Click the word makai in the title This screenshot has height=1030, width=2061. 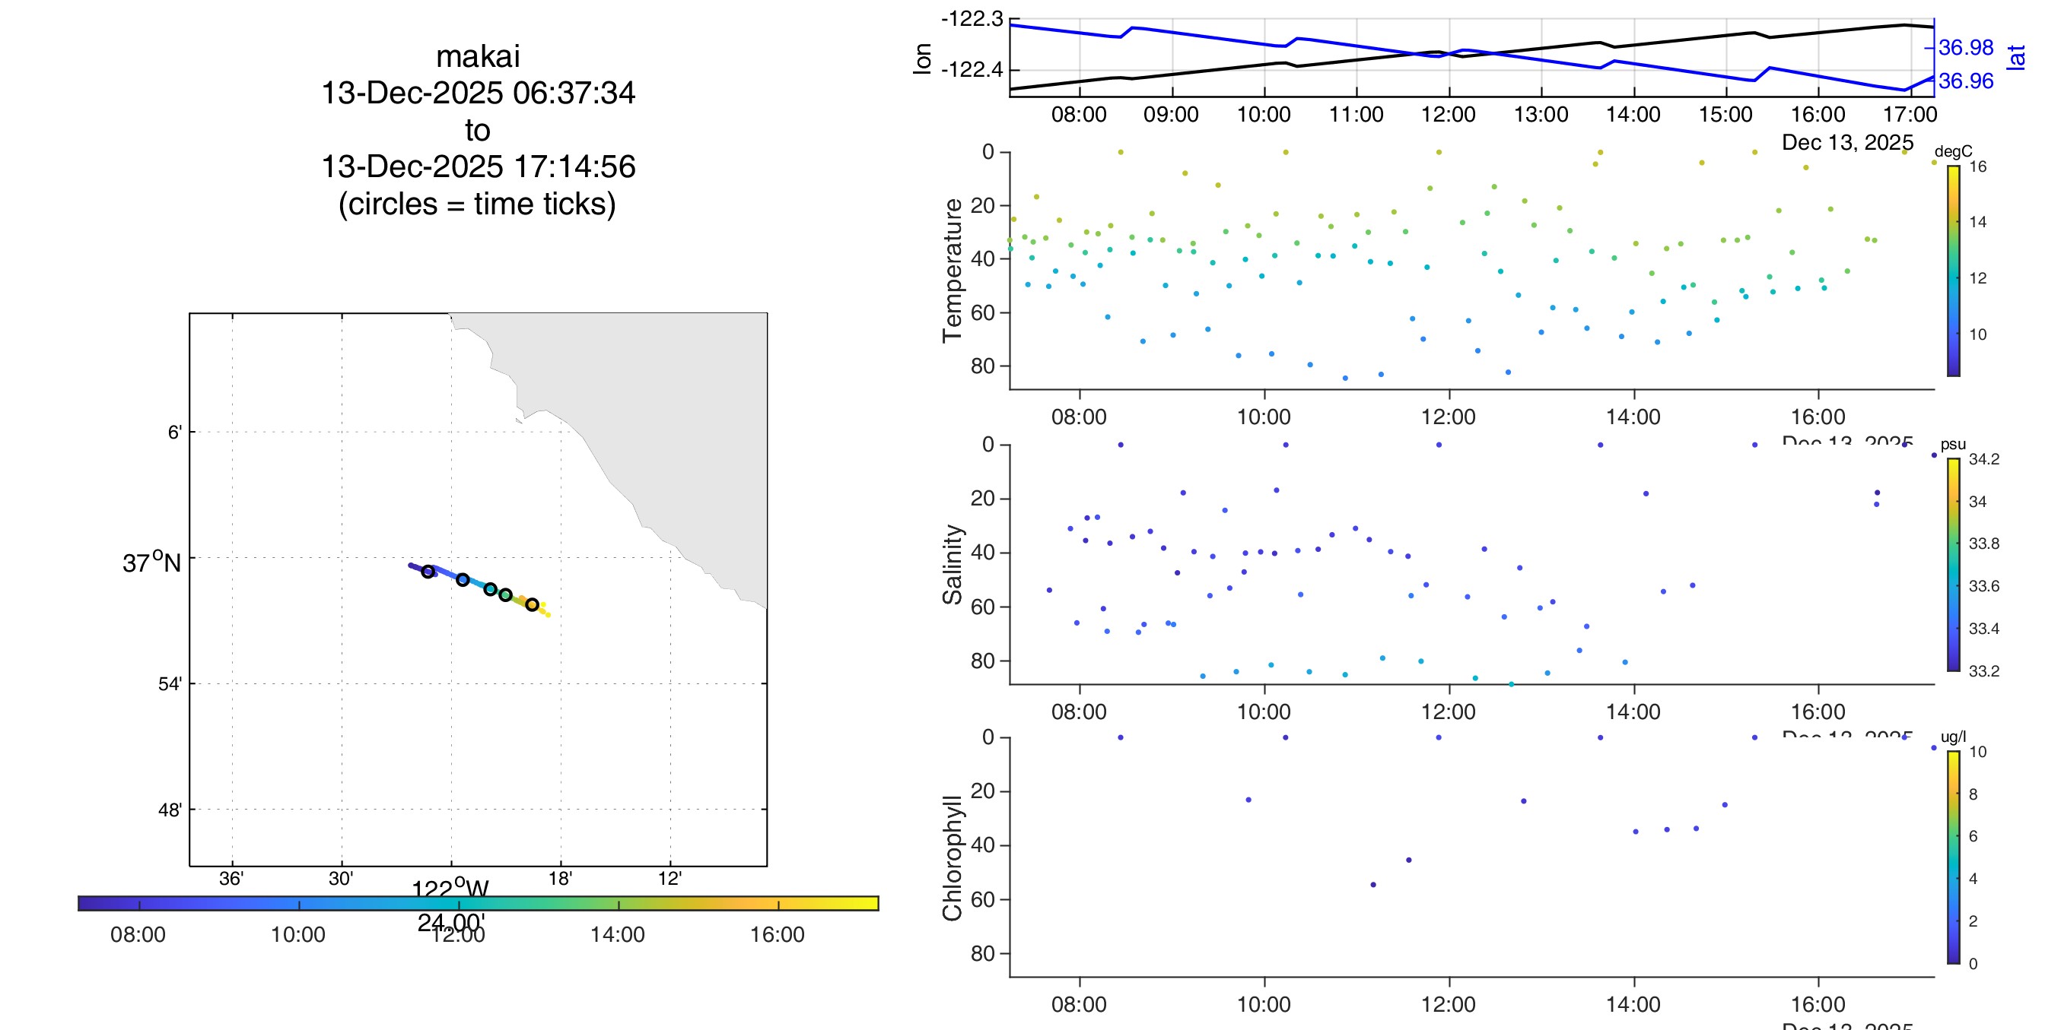point(478,57)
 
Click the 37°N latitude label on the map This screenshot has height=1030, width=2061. point(151,563)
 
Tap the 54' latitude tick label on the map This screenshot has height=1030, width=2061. point(170,683)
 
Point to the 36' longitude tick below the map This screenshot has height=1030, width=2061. point(231,879)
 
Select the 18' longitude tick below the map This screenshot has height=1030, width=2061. point(560,879)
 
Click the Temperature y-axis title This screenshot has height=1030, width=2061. point(952,271)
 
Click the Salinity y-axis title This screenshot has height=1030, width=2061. point(952,565)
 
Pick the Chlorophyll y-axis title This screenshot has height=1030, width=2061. point(952,858)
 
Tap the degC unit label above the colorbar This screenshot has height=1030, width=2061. point(1953,151)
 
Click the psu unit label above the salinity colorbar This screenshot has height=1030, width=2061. point(1953,444)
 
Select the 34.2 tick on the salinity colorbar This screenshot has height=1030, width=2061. point(1984,459)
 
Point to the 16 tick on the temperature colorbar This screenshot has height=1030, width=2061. point(1978,166)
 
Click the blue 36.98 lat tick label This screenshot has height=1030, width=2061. point(1966,48)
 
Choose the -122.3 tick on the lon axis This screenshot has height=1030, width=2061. point(972,18)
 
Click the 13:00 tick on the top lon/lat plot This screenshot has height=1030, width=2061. point(1541,114)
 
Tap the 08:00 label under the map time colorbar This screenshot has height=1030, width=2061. point(138,934)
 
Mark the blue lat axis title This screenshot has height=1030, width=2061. point(2017,57)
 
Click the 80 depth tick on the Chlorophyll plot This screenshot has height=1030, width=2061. point(982,953)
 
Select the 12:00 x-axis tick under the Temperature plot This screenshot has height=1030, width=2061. point(1448,417)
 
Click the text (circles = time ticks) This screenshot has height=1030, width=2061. point(478,204)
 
